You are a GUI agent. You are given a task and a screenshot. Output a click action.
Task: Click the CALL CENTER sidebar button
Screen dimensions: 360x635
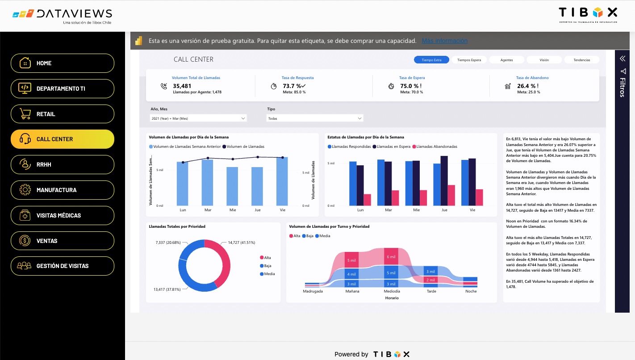coord(63,139)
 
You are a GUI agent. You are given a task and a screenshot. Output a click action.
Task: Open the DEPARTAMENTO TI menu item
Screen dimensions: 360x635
coord(63,88)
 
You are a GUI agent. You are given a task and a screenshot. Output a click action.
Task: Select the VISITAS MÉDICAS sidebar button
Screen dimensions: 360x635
coord(63,215)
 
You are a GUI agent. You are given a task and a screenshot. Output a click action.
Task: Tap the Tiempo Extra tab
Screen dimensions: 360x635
coord(431,60)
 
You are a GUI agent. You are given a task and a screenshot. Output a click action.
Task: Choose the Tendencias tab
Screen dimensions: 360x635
coord(581,60)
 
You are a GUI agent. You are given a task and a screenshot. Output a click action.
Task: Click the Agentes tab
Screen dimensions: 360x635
coord(506,60)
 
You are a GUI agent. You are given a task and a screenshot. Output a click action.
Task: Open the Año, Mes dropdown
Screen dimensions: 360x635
coord(198,118)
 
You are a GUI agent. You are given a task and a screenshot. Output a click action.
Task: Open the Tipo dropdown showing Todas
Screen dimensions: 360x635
coord(315,118)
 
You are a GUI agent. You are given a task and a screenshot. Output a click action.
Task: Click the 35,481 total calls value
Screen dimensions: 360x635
coord(182,86)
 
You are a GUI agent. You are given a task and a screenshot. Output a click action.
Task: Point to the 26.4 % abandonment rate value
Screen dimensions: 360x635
coord(526,86)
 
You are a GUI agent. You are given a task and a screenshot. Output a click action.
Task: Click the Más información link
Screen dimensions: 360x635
coord(444,41)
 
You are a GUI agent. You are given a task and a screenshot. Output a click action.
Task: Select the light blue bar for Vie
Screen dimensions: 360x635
coord(282,181)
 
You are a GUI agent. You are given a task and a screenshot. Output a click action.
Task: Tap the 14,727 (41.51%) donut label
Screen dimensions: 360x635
coord(241,243)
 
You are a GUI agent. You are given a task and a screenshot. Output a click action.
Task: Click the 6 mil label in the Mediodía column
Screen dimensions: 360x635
coord(391,256)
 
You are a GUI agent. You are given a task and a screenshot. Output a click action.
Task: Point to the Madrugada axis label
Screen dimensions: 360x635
coord(313,291)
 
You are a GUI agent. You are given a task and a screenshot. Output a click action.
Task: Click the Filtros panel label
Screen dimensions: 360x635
coord(622,87)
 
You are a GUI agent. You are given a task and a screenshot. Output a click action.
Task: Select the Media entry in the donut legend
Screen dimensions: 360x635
coord(269,274)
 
